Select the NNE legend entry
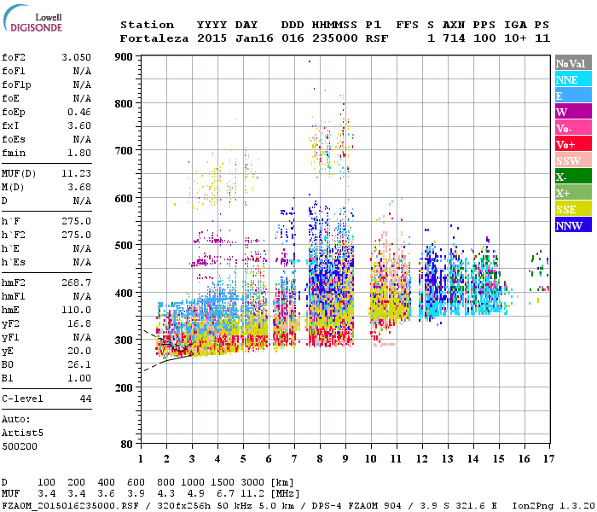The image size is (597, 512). tap(573, 79)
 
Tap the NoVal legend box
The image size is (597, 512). tap(573, 63)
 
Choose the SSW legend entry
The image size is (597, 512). tap(573, 160)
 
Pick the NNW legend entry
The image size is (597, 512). tap(573, 225)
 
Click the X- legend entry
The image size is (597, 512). tap(573, 177)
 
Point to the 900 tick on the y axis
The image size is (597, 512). tap(125, 57)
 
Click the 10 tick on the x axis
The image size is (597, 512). tap(370, 459)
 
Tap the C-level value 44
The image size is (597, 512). tap(85, 399)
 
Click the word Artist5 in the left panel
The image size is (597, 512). tap(22, 433)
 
